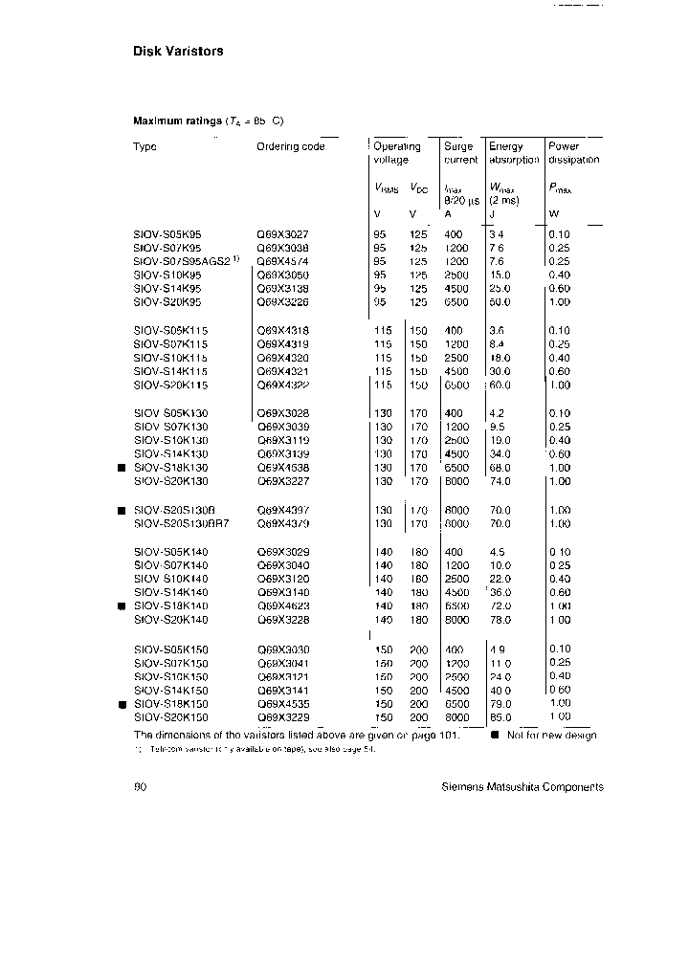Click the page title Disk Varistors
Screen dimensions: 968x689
pyautogui.click(x=177, y=51)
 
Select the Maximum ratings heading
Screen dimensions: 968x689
pyautogui.click(x=207, y=121)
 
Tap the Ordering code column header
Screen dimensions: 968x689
pyautogui.click(x=290, y=146)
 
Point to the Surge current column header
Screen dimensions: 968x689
pyautogui.click(x=460, y=153)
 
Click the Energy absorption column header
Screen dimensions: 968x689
pyautogui.click(x=514, y=153)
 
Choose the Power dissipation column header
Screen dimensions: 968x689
pyautogui.click(x=573, y=153)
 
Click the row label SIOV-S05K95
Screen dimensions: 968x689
pyautogui.click(x=167, y=233)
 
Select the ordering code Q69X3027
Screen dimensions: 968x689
pyautogui.click(x=282, y=233)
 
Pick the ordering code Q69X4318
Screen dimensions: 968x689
pyautogui.click(x=282, y=330)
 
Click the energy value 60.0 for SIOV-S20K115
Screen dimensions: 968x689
pyautogui.click(x=500, y=385)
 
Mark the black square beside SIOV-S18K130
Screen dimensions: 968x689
pyautogui.click(x=122, y=468)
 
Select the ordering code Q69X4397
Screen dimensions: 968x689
pyautogui.click(x=282, y=510)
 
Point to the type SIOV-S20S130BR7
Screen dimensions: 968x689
pyautogui.click(x=181, y=524)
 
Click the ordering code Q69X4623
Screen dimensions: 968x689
pyautogui.click(x=282, y=606)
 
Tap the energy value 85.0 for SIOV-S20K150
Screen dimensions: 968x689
pyautogui.click(x=500, y=716)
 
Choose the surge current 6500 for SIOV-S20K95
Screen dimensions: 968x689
pyautogui.click(x=457, y=302)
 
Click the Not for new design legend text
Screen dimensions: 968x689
pyautogui.click(x=550, y=735)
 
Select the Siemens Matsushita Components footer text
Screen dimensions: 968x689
pyautogui.click(x=522, y=787)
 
